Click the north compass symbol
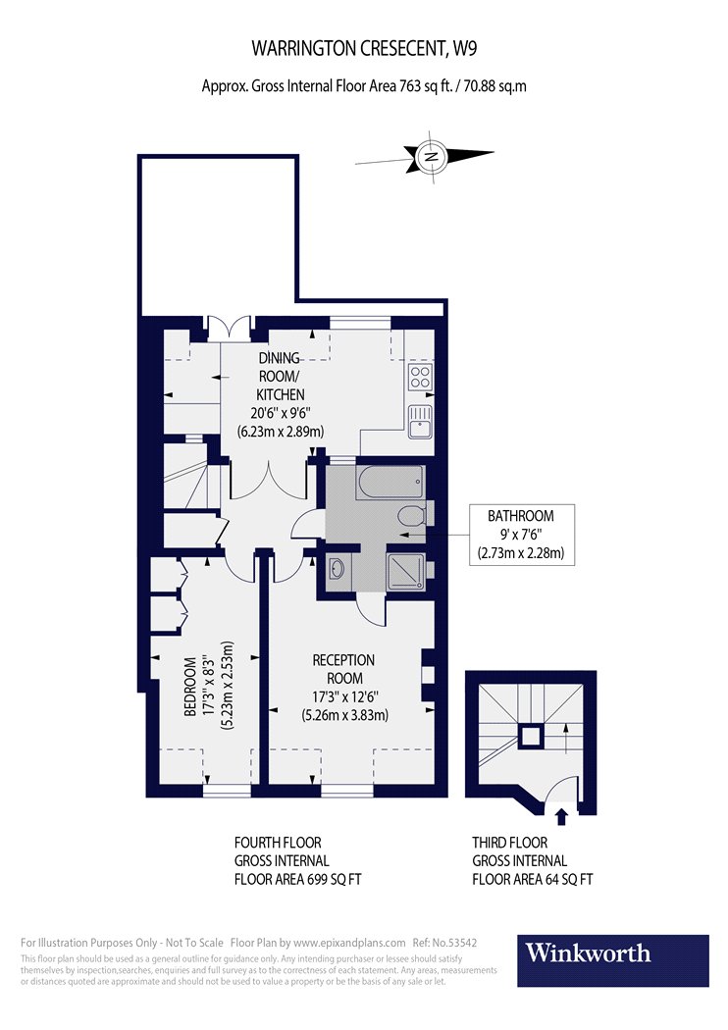click(x=431, y=156)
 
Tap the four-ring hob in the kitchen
click(x=421, y=377)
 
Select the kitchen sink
click(x=420, y=421)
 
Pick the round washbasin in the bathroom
click(x=338, y=568)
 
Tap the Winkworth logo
click(x=613, y=960)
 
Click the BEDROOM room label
click(x=190, y=687)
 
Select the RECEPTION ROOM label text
click(x=343, y=669)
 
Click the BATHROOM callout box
click(x=522, y=535)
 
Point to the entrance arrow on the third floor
click(x=561, y=816)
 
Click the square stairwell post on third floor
click(x=531, y=737)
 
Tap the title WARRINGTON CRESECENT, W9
click(x=365, y=49)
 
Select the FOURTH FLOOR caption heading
click(x=278, y=843)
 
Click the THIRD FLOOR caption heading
click(x=510, y=843)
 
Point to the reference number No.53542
click(x=454, y=943)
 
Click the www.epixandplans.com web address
click(x=349, y=944)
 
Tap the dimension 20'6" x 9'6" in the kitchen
click(x=280, y=413)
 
